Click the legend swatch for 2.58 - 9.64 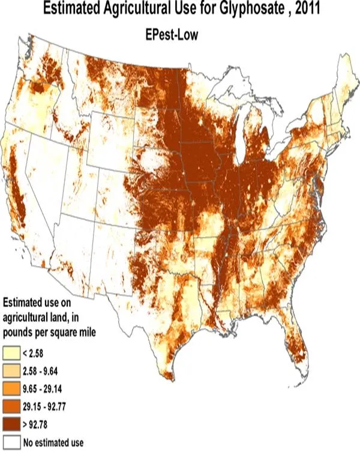coord(12,367)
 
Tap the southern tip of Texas coord(167,375)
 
